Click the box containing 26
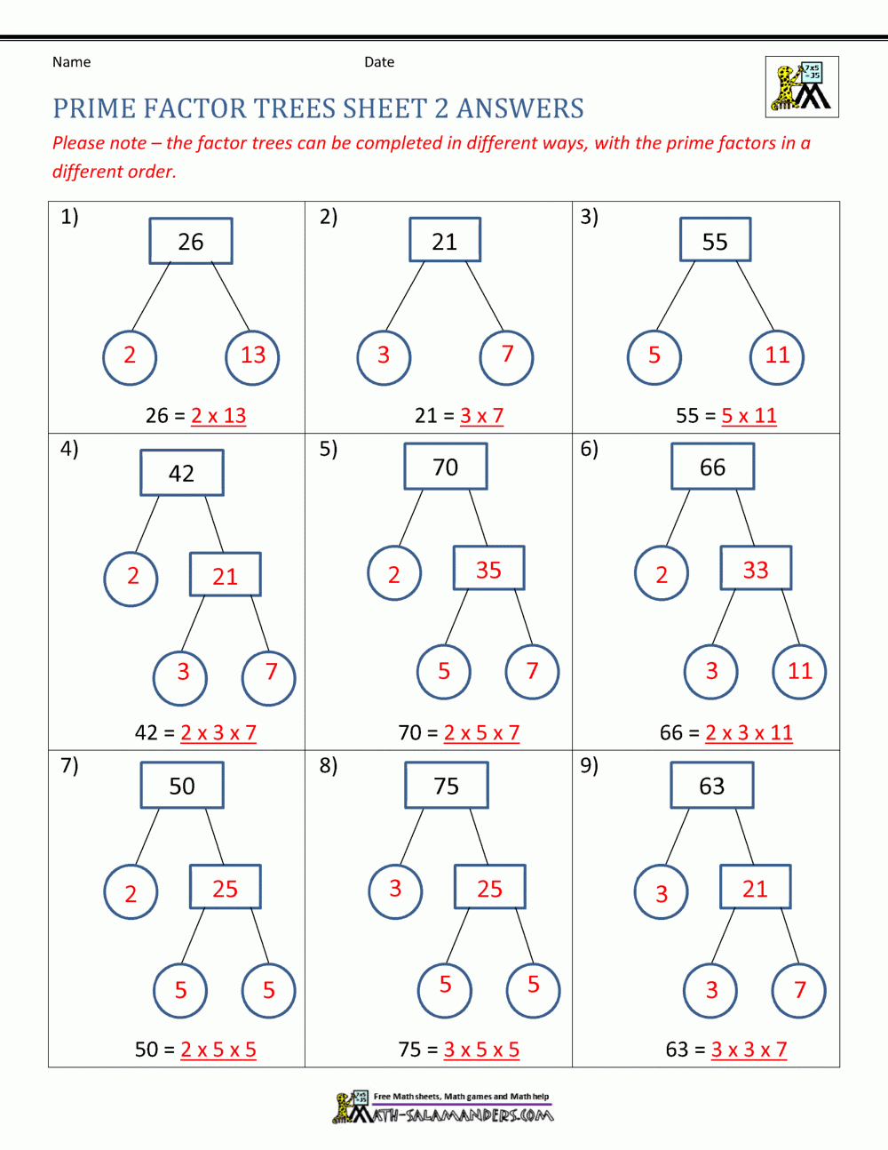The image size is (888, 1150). coord(191,241)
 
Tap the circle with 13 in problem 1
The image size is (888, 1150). coord(253,357)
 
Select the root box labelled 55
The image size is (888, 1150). coord(715,240)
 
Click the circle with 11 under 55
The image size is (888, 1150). coord(777,357)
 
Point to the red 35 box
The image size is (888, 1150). coord(488,569)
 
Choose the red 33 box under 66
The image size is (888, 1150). coord(755,569)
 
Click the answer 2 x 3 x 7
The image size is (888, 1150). coord(218,733)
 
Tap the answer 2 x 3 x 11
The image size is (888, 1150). coord(749,733)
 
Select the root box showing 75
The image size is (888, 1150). coord(446,786)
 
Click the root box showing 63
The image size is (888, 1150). coord(711,786)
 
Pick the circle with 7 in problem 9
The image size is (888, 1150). coord(799,990)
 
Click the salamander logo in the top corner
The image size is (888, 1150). coord(802,87)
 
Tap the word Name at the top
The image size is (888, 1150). coord(71,62)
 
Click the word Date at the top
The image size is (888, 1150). coord(379,62)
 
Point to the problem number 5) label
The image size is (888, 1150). coord(329,449)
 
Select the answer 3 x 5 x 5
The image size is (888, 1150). coord(481,1050)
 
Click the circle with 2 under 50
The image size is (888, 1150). coord(131,892)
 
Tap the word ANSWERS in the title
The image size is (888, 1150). coord(520,108)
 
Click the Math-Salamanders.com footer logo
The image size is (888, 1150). coord(444,1109)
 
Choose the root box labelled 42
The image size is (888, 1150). coord(181,473)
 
